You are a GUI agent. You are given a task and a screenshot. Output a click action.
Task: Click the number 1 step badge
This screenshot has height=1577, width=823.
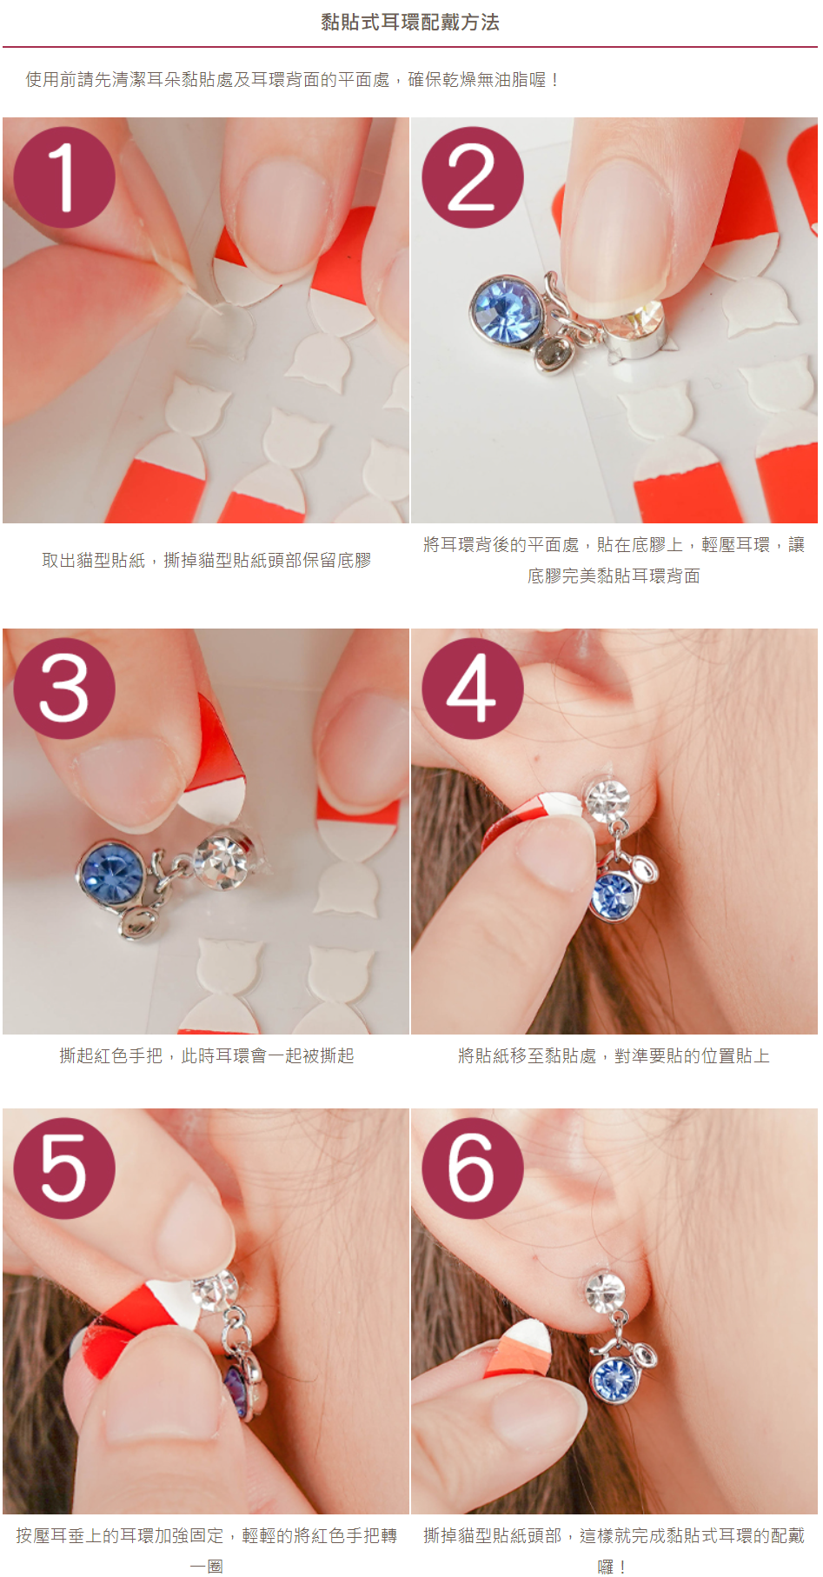tap(64, 177)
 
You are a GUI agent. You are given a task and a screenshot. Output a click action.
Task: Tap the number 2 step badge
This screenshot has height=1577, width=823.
tap(473, 177)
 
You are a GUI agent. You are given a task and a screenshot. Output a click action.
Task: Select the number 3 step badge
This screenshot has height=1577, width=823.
tap(64, 689)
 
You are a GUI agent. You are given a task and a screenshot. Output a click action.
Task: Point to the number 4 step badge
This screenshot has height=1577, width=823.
tap(473, 689)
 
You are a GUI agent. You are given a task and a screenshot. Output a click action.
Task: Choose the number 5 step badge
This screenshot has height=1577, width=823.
tap(64, 1168)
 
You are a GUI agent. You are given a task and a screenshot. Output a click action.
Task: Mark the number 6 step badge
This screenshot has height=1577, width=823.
tap(473, 1168)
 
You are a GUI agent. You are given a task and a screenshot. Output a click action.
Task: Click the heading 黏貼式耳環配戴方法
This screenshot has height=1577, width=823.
tap(410, 23)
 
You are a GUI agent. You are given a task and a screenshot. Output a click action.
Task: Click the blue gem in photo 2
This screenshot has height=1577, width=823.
tap(506, 309)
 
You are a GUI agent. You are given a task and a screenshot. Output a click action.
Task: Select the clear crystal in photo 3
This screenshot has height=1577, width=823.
tap(222, 860)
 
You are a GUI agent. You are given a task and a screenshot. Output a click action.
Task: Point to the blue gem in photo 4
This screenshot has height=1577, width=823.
tap(613, 895)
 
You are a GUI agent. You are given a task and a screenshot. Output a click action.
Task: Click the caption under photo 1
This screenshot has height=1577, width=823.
tap(207, 561)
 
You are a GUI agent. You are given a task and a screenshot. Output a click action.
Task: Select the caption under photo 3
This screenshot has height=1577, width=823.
tap(207, 1056)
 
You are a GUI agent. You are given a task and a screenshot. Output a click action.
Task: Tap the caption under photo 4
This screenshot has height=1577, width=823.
tap(614, 1056)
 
